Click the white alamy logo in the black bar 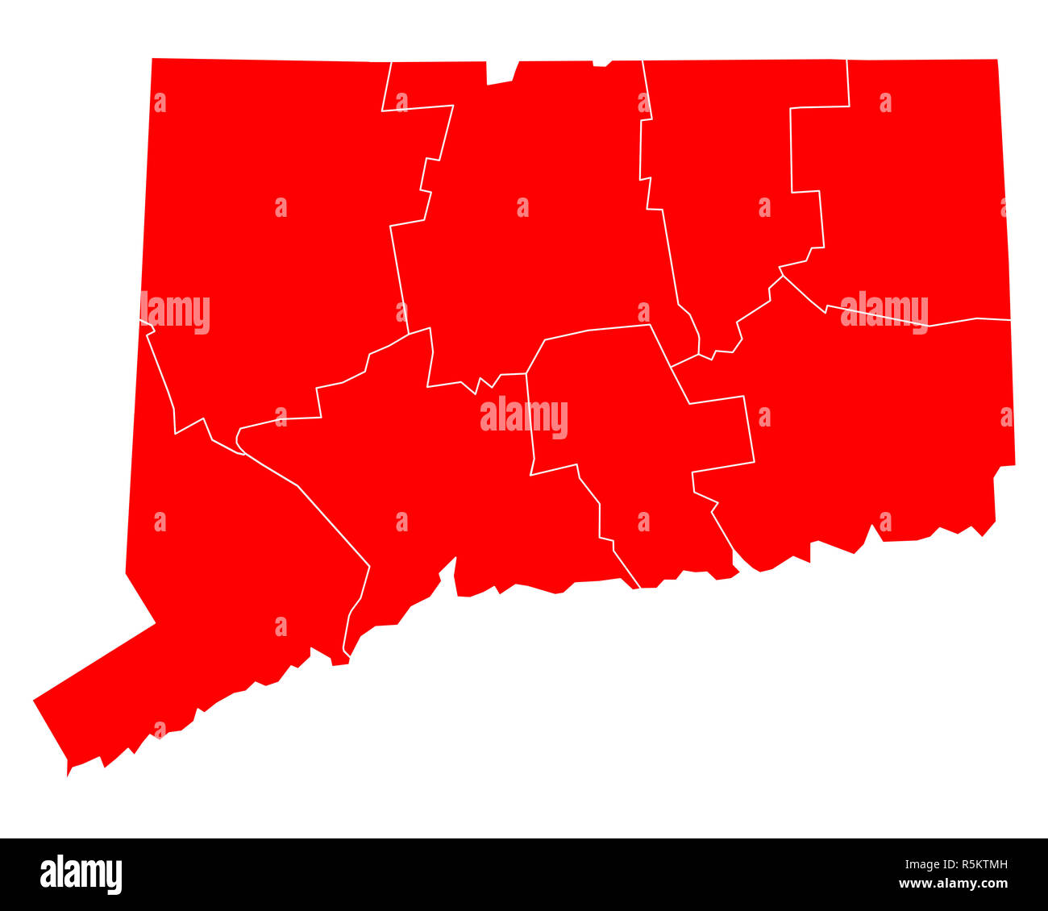(x=81, y=875)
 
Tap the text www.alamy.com (x=952, y=884)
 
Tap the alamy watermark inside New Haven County (x=524, y=418)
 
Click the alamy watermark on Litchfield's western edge (x=176, y=313)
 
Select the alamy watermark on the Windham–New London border (x=884, y=312)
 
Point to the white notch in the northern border (x=500, y=71)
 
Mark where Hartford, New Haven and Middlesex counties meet (x=526, y=373)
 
